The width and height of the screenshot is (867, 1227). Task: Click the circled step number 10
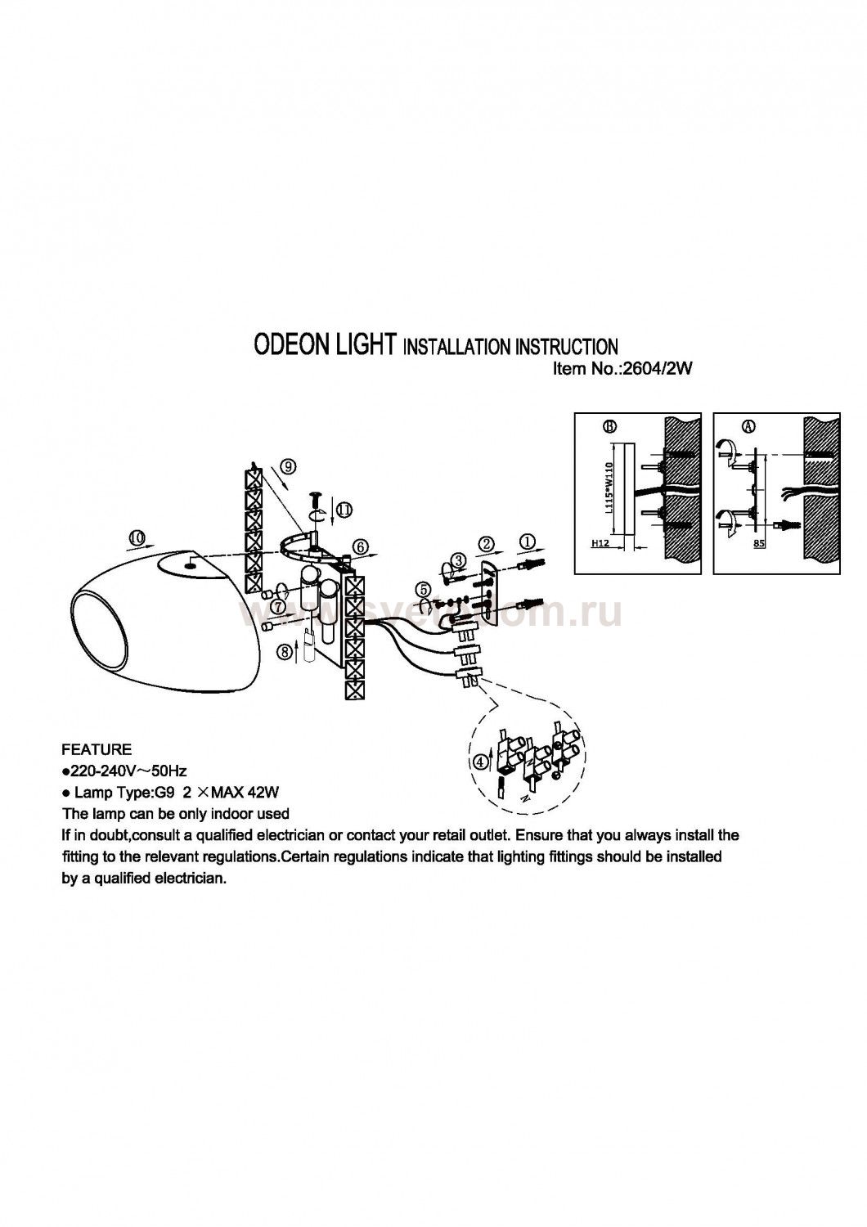(137, 537)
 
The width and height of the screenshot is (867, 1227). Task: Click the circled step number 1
(528, 541)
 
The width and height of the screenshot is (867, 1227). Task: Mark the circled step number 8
(284, 651)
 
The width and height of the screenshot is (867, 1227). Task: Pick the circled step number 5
(422, 588)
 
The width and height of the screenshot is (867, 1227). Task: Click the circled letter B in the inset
(608, 426)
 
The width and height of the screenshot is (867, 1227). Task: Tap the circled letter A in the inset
(749, 426)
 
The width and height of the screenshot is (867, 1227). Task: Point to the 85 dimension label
(758, 542)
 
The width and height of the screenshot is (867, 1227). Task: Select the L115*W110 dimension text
(608, 487)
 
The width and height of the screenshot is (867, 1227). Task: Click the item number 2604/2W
(658, 369)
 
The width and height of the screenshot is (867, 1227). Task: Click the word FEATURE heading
(97, 749)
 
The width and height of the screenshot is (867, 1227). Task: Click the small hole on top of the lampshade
(189, 562)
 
